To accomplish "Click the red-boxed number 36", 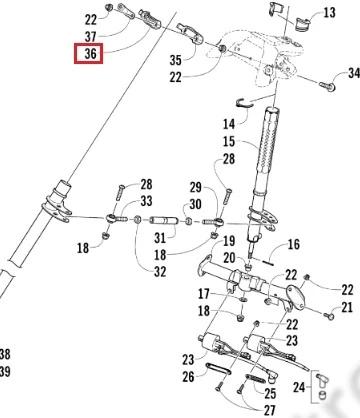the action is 90,54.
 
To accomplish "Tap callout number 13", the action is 329,13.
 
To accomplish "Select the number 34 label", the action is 354,73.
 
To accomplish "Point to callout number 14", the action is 229,124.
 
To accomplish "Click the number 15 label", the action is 229,141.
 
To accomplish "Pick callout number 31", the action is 160,238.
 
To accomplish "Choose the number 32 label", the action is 160,272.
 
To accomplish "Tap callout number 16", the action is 293,244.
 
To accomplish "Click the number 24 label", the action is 299,387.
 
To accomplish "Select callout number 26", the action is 188,377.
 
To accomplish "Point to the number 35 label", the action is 176,60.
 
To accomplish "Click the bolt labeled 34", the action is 328,86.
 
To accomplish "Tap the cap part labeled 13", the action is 302,25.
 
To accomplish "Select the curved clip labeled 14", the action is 244,103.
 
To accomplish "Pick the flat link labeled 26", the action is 219,369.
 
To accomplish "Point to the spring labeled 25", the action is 256,378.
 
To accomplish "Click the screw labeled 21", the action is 329,315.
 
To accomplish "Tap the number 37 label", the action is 90,37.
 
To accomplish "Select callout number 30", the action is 195,204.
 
